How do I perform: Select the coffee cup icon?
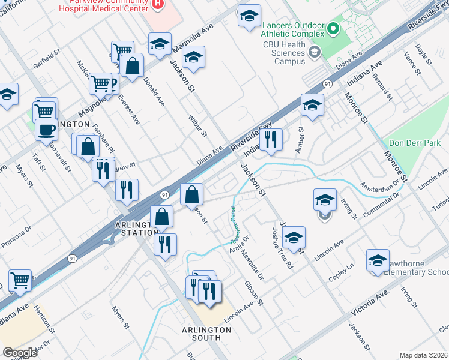46,128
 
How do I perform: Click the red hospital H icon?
157,4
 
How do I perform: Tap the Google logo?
20,353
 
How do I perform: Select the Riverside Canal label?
234,225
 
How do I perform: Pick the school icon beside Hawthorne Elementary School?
378,260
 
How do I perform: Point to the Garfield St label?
48,60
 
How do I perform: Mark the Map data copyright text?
423,355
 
